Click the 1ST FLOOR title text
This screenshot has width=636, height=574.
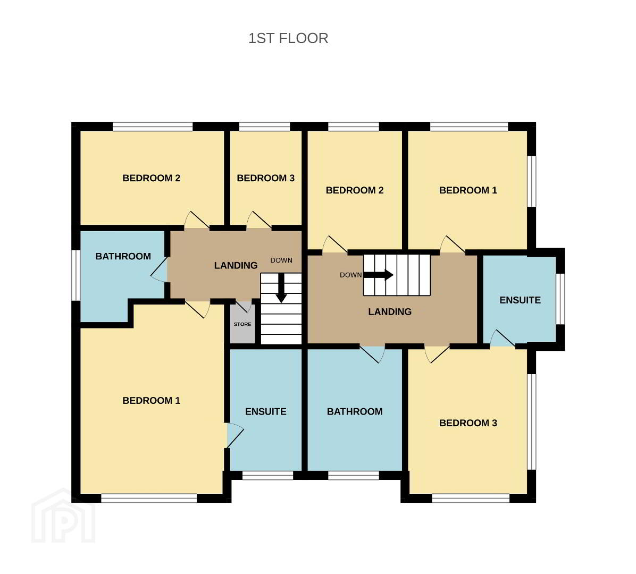pos(288,38)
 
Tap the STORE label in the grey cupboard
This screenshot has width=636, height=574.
pos(242,324)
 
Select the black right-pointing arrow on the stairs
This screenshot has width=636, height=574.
pos(378,275)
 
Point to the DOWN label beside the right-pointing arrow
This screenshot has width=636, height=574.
pos(351,275)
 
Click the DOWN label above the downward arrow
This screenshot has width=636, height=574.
pos(281,260)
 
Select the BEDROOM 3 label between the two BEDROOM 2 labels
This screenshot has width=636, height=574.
pos(266,178)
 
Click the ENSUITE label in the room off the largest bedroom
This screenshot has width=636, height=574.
pos(266,411)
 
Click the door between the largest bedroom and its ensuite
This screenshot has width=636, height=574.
pos(235,435)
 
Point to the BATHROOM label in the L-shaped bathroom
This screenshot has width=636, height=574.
pos(123,256)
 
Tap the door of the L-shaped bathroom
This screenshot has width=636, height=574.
pos(160,269)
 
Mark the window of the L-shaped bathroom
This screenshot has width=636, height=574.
pos(76,275)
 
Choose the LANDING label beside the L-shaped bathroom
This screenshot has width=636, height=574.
pos(236,266)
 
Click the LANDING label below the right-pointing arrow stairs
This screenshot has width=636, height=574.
pos(390,312)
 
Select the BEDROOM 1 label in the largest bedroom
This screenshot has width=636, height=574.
pos(152,401)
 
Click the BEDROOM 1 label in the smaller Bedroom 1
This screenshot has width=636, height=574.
pos(468,190)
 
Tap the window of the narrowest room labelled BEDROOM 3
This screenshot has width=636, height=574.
pos(265,127)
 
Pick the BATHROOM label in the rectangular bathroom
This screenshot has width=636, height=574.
pos(355,411)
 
